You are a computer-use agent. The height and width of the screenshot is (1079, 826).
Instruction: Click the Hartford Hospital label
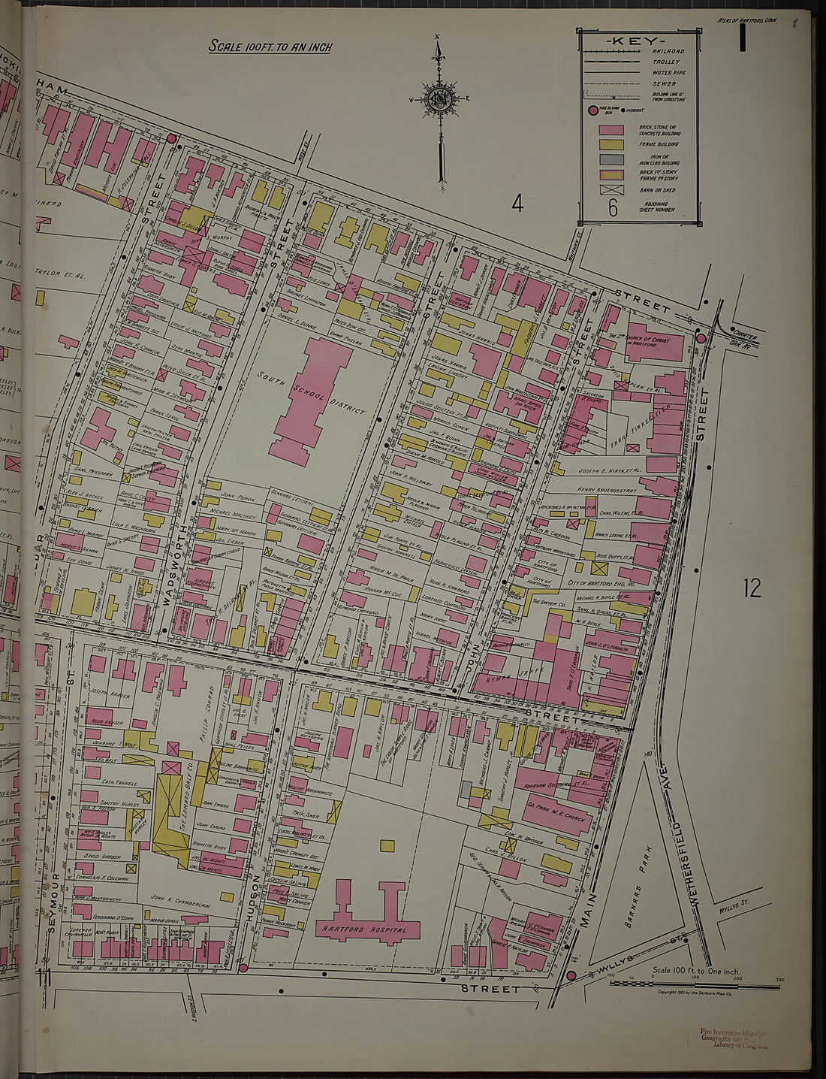pos(365,929)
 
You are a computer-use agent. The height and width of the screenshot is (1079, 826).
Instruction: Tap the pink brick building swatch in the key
pos(611,129)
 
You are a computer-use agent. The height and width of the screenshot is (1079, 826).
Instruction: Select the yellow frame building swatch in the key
pos(611,144)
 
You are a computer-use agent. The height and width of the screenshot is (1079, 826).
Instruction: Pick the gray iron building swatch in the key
pos(611,159)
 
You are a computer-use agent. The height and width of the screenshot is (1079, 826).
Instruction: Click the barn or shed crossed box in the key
pos(611,189)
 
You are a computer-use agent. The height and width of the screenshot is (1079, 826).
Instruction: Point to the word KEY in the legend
pos(635,40)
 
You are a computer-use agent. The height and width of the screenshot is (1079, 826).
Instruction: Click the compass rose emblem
pos(438,99)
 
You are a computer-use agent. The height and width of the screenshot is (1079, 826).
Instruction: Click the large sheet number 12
pos(752,588)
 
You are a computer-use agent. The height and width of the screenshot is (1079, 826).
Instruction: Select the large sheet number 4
pos(517,203)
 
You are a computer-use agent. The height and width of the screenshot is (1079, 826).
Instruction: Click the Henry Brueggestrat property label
pos(607,490)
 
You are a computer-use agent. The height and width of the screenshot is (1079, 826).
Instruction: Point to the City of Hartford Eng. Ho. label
pos(601,583)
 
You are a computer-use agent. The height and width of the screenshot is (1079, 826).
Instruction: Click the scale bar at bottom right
pos(694,984)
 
